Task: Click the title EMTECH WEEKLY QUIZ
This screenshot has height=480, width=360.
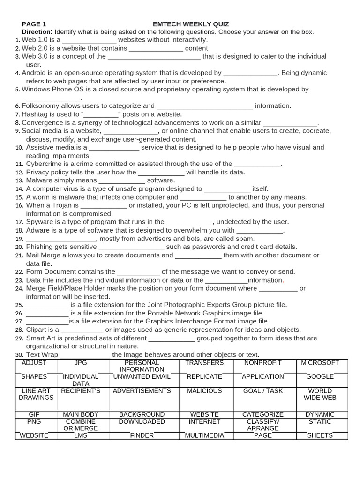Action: coord(191,24)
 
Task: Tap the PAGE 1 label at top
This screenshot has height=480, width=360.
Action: coord(34,24)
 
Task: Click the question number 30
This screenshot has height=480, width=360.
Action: coord(19,355)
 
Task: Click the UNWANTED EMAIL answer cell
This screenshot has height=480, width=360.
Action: coord(142,377)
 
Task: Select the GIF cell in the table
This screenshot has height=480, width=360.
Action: coord(34,414)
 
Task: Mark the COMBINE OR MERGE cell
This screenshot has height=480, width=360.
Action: coord(81,425)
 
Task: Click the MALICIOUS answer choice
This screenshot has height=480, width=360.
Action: coord(204,391)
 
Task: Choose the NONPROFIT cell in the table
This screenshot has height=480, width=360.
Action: coord(263,363)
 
